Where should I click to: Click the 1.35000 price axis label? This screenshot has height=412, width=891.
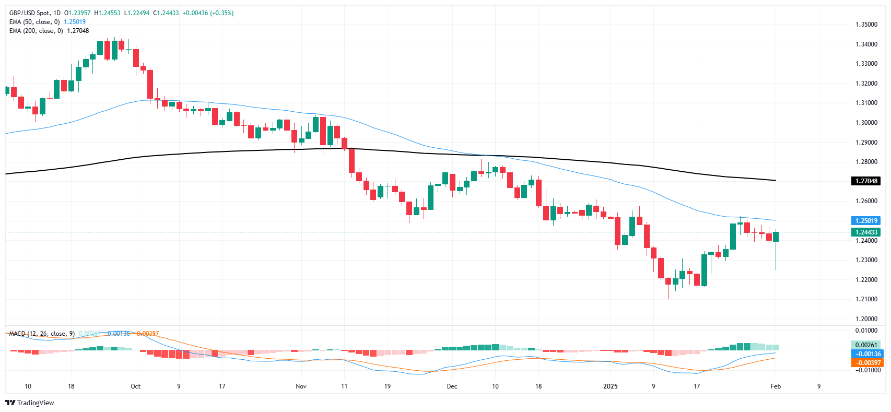point(866,25)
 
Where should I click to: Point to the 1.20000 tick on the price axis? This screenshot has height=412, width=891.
point(866,319)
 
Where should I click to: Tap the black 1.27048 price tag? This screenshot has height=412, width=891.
point(866,181)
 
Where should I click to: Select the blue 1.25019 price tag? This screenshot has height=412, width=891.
point(866,221)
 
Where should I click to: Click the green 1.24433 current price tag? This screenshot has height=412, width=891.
point(866,232)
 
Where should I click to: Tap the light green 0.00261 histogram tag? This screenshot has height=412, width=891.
point(866,345)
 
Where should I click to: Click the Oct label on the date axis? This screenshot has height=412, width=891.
point(135,386)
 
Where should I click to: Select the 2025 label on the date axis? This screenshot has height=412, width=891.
point(610,386)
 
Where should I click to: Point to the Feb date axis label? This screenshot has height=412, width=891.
point(776,386)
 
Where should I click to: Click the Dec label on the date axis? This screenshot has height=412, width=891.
point(452,386)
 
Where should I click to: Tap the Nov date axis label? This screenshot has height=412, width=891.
point(301,386)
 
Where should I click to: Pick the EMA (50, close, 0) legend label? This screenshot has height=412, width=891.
point(34,22)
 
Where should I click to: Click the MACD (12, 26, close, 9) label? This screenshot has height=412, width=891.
point(42,334)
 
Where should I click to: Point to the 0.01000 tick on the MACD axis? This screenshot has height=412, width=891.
point(866,331)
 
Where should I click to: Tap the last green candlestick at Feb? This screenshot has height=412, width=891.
point(776,237)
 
